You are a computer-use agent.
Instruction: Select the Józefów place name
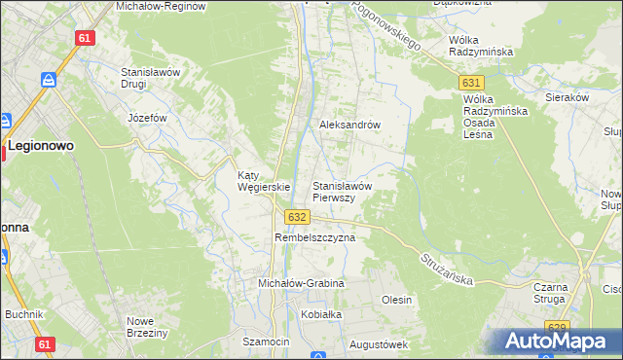tap(148, 118)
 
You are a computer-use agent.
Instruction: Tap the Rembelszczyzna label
tap(315, 237)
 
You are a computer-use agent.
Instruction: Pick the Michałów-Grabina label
tap(301, 283)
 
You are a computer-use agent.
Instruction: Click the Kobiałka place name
tap(322, 314)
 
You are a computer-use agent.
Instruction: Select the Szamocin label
tap(267, 342)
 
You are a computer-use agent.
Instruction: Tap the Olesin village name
tap(396, 300)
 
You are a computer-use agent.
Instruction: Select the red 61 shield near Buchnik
tap(44, 344)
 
